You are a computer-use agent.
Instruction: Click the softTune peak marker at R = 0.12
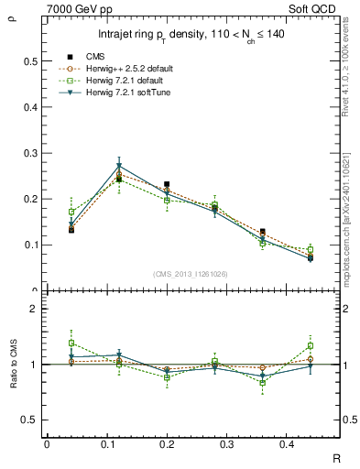point(119,166)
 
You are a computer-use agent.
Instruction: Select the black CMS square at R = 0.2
point(166,184)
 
